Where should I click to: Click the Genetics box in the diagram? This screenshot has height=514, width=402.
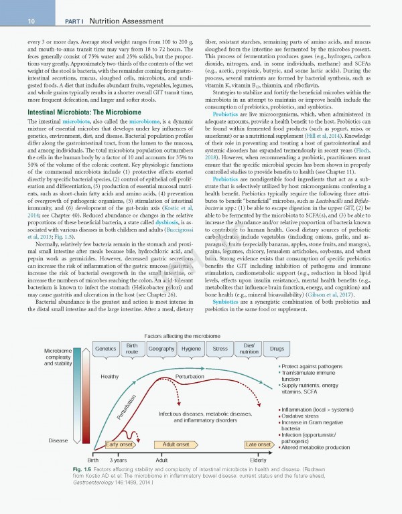pyautogui.click(x=106, y=349)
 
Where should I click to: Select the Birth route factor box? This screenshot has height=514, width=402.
pyautogui.click(x=132, y=349)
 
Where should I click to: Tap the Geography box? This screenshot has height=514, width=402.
pyautogui.click(x=161, y=349)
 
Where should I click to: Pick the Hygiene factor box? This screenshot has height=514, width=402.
pyautogui.click(x=191, y=349)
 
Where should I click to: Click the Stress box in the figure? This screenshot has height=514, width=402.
pyautogui.click(x=220, y=349)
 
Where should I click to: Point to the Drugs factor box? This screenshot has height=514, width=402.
pyautogui.click(x=277, y=349)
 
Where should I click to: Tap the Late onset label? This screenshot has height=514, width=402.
pyautogui.click(x=258, y=444)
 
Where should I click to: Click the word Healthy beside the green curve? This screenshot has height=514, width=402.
pyautogui.click(x=109, y=377)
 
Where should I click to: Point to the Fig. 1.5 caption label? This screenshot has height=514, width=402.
pyautogui.click(x=83, y=470)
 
